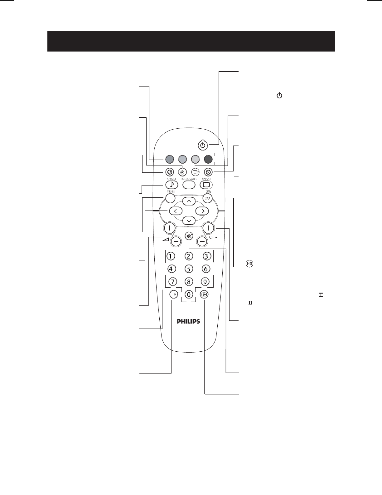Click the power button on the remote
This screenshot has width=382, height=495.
[203, 145]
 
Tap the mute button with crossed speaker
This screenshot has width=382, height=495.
[189, 236]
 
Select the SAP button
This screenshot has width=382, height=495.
[207, 198]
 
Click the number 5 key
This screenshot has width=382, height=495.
[188, 269]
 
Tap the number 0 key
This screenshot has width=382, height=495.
[188, 295]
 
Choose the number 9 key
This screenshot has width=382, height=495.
[205, 282]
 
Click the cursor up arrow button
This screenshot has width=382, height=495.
[189, 201]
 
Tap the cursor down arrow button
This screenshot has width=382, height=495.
[189, 221]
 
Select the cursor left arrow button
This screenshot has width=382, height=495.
[176, 211]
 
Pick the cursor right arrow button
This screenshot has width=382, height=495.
[202, 211]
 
